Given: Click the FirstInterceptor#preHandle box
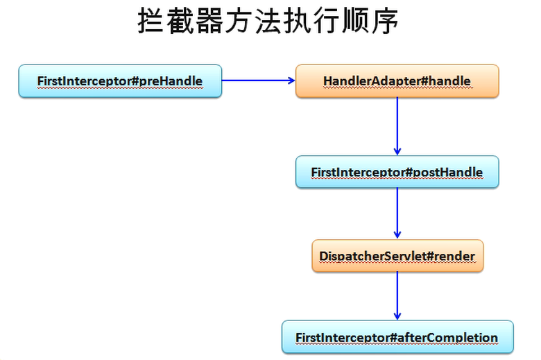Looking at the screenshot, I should tap(120, 81).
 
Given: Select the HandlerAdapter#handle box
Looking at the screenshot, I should tap(397, 81).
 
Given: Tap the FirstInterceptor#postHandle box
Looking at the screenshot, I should tap(397, 172).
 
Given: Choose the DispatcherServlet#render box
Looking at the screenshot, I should tap(397, 256).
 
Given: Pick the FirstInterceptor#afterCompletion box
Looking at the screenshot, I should tap(397, 337).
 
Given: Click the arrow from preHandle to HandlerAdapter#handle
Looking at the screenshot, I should tap(258, 80).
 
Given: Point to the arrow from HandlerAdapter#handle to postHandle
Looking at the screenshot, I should tap(397, 125).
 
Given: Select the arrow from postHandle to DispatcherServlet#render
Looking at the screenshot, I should tap(397, 212).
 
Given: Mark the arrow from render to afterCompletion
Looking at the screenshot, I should tap(397, 295).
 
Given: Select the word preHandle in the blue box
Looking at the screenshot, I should tap(171, 81).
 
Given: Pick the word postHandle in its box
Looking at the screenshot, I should tap(448, 172).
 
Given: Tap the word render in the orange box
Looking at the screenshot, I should tap(454, 256).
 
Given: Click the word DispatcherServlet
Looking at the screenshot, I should tap(370, 256).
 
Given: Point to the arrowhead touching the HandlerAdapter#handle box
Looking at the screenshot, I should tap(291, 80).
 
